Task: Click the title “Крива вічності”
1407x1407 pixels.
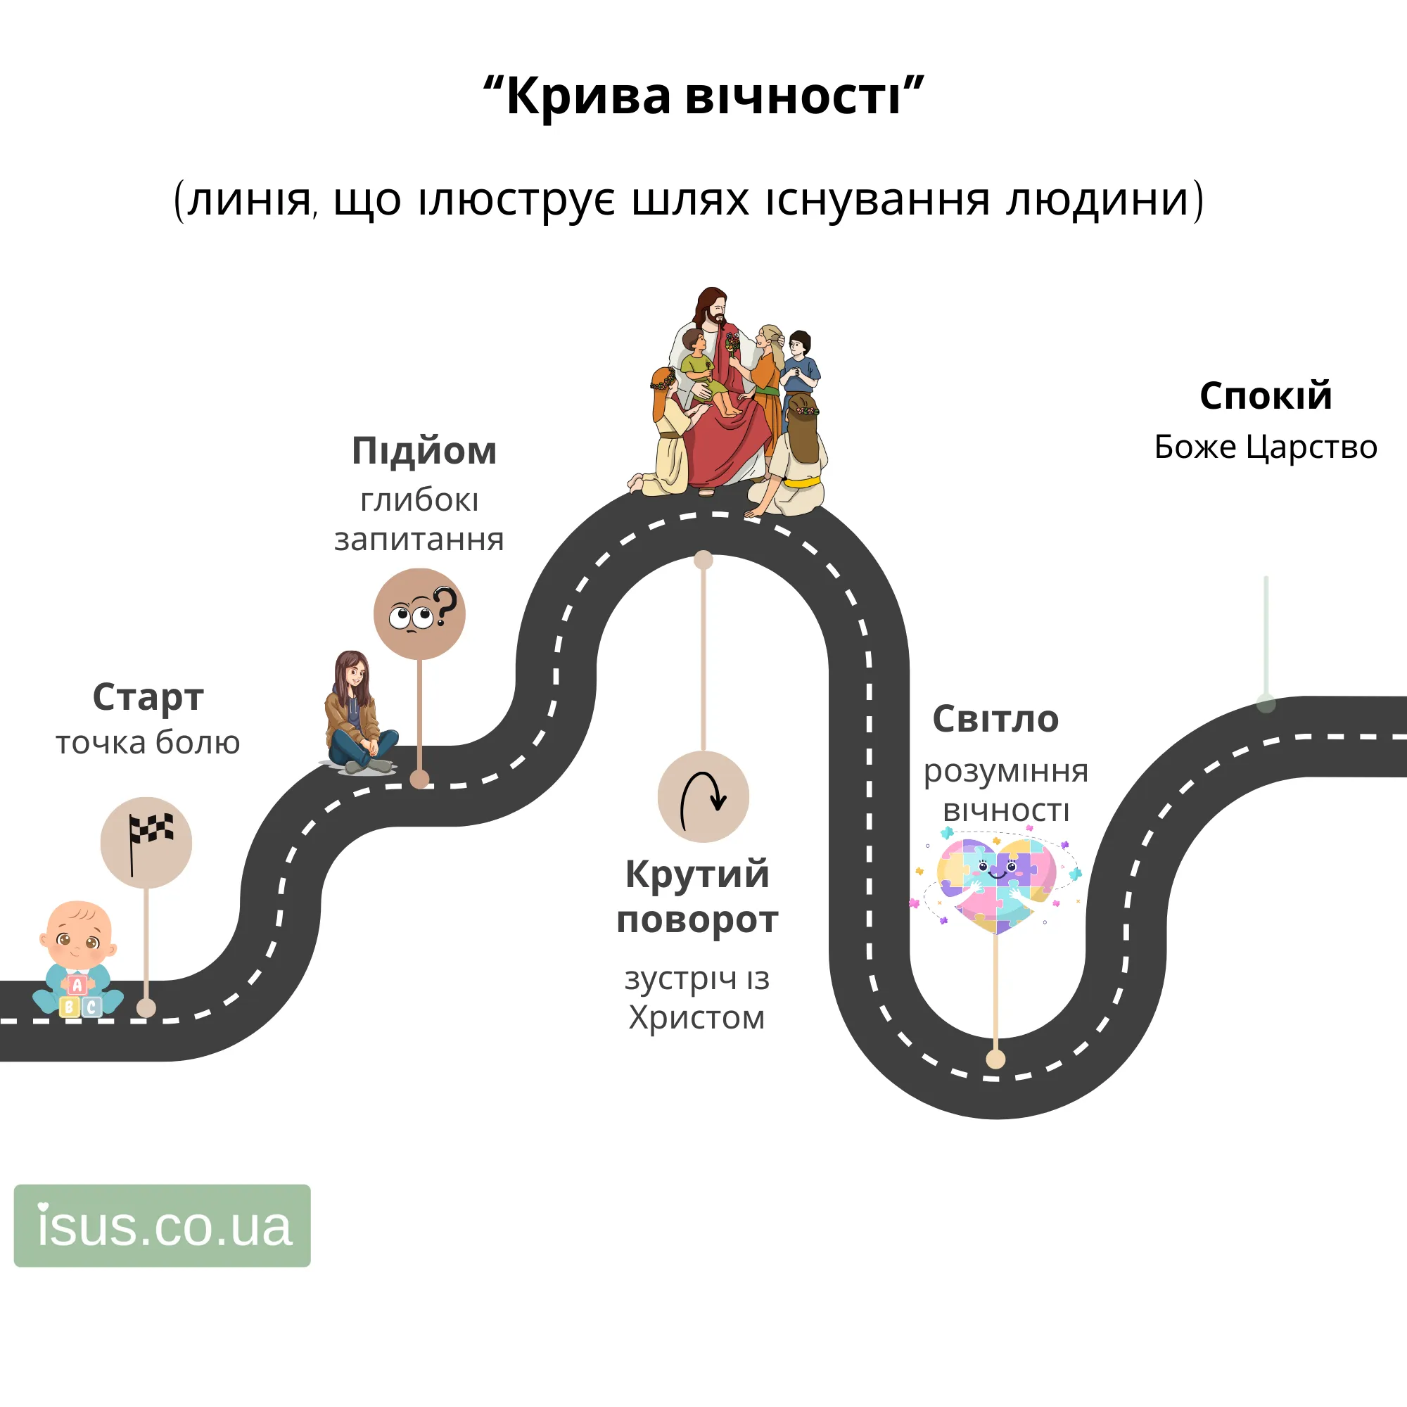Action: tap(703, 95)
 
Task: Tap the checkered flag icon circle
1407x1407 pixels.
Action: tap(146, 843)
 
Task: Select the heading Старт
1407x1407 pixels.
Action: tap(148, 697)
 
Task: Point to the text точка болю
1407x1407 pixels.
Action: tap(148, 742)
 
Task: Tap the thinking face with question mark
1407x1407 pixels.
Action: tap(419, 614)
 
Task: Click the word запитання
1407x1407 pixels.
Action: tap(419, 540)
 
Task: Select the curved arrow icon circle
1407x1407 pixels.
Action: tap(703, 797)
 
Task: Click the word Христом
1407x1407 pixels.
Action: tap(697, 1017)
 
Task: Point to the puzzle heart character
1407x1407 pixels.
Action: tap(995, 883)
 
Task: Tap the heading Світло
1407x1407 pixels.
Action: tap(995, 719)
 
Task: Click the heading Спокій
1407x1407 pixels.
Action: tap(1266, 395)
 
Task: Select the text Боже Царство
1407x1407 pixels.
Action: tap(1266, 447)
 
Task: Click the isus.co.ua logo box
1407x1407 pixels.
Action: tap(163, 1225)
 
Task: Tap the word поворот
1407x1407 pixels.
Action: tap(697, 919)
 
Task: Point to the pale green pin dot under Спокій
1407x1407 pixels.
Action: tap(1266, 703)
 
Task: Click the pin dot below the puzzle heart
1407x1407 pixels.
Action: tap(995, 1059)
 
